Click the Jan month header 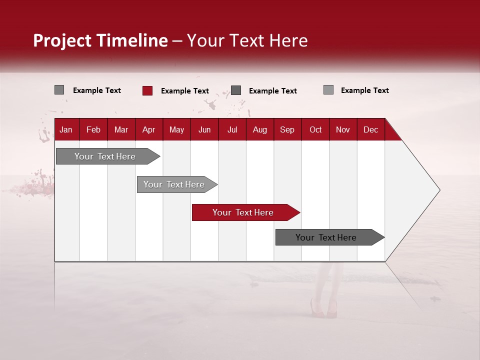(x=66, y=130)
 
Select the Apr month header (x=148, y=130)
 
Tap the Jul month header (x=232, y=130)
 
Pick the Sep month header (x=287, y=130)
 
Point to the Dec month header (x=370, y=130)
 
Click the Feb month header (x=93, y=130)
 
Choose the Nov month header (x=342, y=130)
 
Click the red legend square (x=147, y=90)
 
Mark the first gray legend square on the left (x=59, y=90)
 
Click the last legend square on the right (x=328, y=90)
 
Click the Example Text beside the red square (x=184, y=91)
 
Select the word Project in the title (x=62, y=40)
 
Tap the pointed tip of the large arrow (x=438, y=190)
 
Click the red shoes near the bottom (x=323, y=310)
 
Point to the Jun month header (x=204, y=130)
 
